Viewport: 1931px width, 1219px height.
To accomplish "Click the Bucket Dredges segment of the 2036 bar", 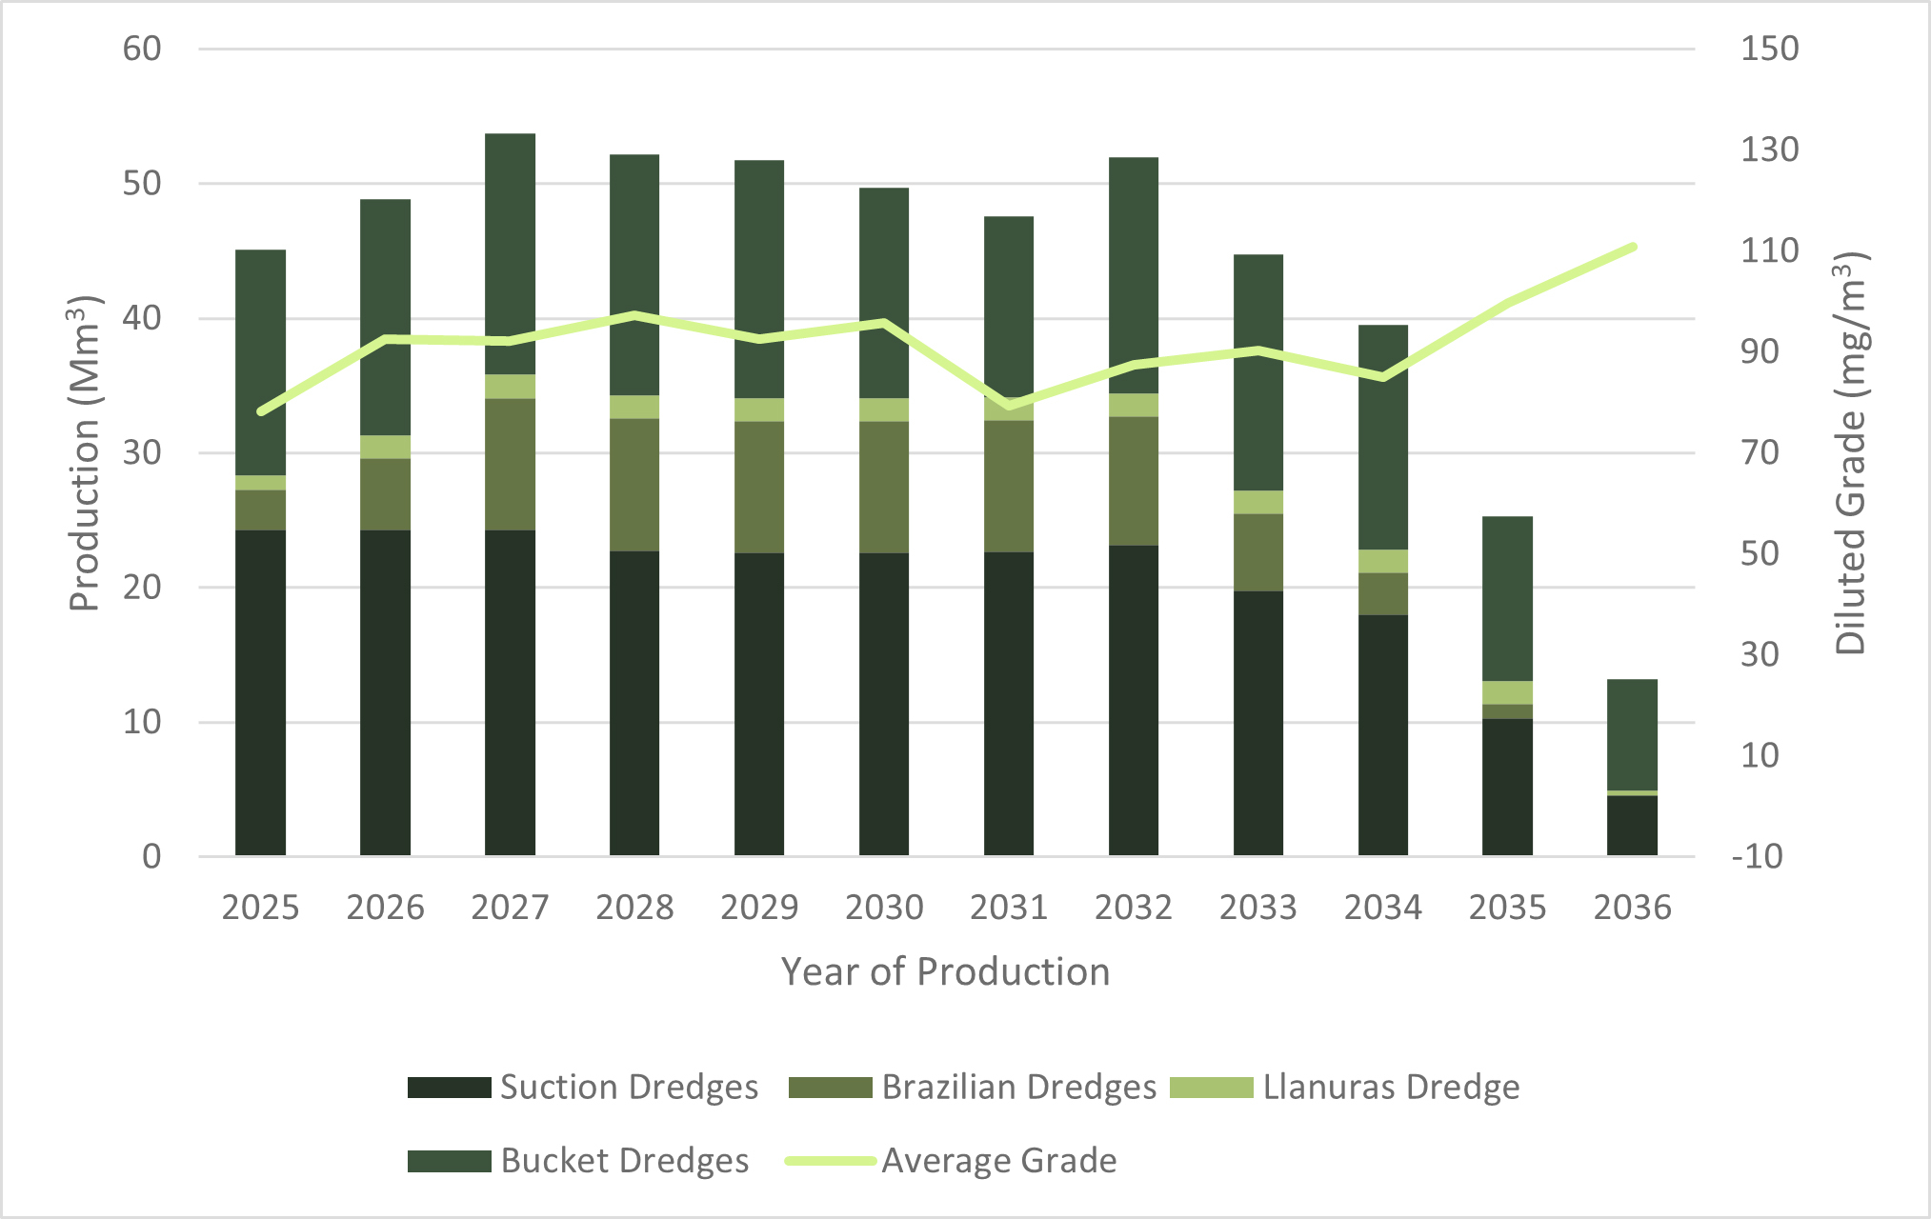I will coord(1632,734).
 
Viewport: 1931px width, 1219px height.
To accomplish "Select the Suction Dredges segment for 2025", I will coord(260,692).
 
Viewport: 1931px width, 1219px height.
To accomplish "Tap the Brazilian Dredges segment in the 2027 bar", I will coord(510,464).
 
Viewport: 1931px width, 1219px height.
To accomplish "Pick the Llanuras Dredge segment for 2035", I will coord(1507,692).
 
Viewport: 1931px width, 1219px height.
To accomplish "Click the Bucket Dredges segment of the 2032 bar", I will coord(1133,275).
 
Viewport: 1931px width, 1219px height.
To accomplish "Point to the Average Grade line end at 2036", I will coord(1633,248).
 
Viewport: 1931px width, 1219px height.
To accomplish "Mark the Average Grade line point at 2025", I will coord(261,411).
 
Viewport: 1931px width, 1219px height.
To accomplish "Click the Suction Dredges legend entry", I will coord(582,1087).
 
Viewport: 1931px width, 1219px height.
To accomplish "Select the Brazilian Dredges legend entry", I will coord(973,1087).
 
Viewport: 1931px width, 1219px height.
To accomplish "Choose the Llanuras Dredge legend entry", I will coord(1344,1087).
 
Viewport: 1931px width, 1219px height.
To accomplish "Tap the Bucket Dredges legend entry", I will coord(577,1160).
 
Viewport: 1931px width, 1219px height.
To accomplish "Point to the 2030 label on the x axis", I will coord(884,908).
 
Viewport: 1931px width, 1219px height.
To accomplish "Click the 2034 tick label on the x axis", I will coord(1382,908).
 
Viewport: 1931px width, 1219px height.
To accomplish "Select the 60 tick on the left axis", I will coord(142,49).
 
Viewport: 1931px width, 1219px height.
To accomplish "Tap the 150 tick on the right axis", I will coord(1769,49).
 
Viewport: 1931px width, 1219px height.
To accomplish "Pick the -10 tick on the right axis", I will coord(1757,856).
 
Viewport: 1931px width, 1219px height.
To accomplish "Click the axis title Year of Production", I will coord(945,971).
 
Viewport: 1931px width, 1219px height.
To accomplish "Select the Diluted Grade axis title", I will coord(1851,453).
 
